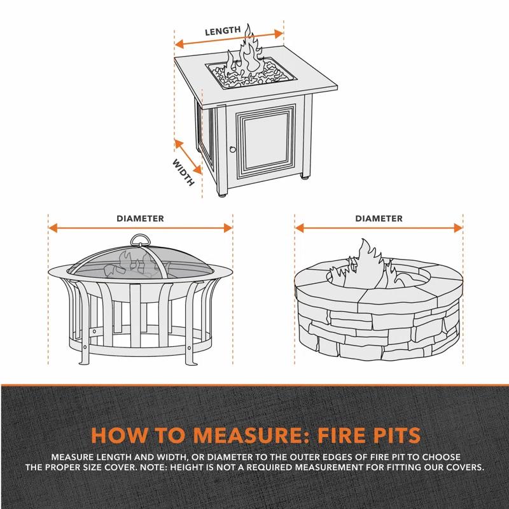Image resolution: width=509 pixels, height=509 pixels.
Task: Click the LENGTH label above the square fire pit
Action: [222, 31]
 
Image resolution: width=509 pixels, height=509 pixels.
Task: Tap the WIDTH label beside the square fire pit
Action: [183, 172]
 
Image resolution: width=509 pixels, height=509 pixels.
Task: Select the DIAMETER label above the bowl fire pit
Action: [140, 218]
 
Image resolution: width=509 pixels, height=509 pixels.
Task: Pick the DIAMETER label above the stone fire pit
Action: [379, 218]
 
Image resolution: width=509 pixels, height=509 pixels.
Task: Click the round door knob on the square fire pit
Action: [232, 150]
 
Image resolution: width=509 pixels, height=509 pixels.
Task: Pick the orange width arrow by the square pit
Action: [189, 157]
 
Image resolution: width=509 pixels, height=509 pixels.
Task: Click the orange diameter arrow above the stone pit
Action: [379, 228]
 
